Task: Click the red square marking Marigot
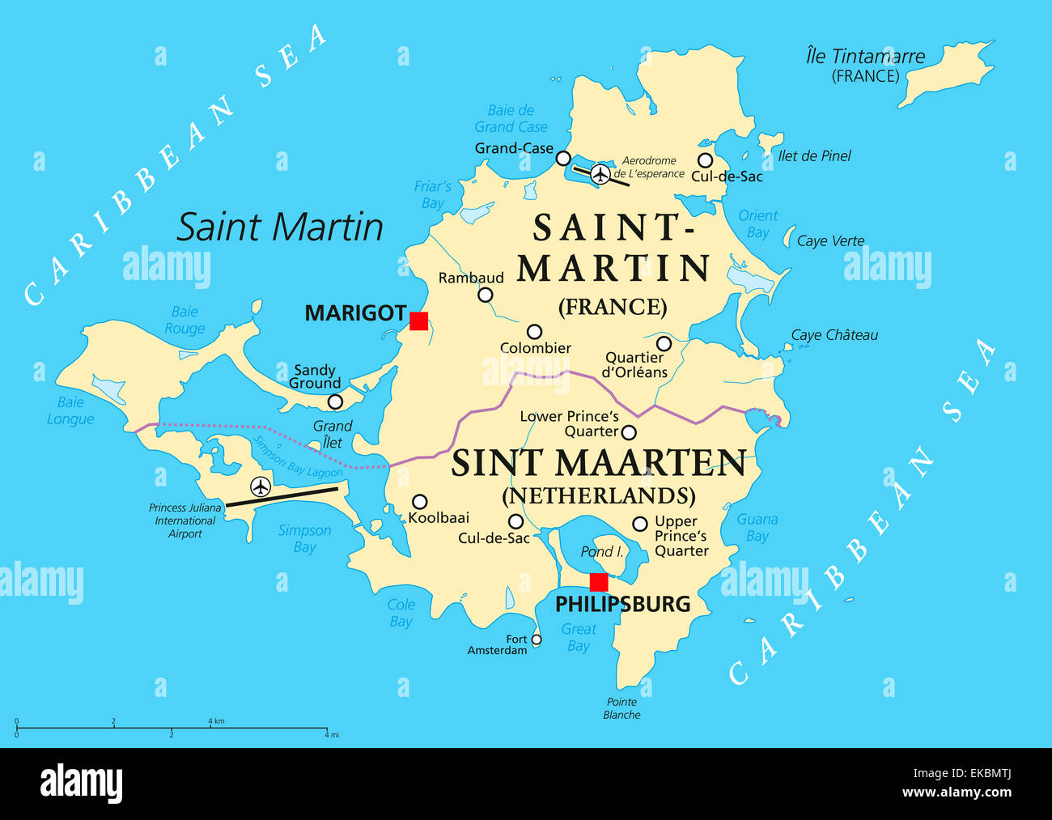coord(418,321)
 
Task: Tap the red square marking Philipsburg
coord(599,582)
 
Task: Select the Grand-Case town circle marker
coord(563,158)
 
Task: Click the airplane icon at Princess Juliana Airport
coord(261,486)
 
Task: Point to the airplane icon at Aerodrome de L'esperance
coord(600,174)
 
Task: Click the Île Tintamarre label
coord(865,57)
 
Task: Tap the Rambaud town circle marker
coord(485,295)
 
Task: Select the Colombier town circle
coord(534,331)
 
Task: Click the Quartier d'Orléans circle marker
coord(664,343)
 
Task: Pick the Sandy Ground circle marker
coord(335,402)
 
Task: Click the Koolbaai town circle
coord(419,502)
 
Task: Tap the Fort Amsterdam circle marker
coord(536,639)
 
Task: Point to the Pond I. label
coord(602,551)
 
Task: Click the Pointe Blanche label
coord(621,708)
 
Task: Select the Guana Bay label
coord(757,527)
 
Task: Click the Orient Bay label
coord(757,223)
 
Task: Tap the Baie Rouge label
coord(185,320)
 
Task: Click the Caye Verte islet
coord(788,236)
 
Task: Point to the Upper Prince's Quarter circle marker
coord(639,524)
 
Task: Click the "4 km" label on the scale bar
coord(216,720)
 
